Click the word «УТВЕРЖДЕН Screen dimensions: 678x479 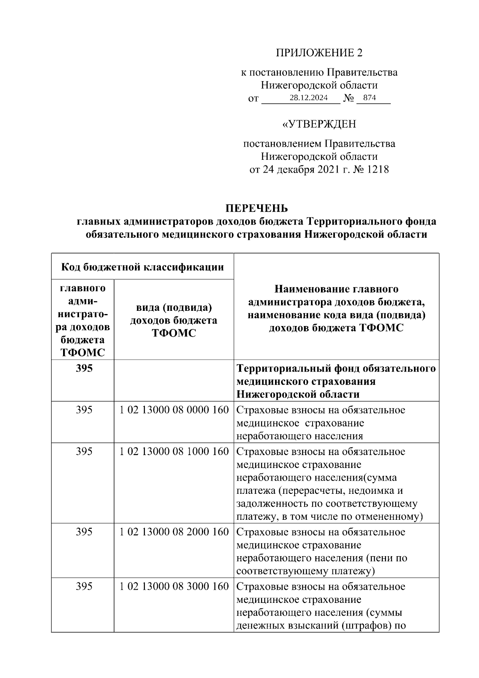[319, 124]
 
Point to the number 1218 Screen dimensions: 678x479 [377, 169]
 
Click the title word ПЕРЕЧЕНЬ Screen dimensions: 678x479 [257, 209]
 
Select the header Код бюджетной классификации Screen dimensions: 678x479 [143, 266]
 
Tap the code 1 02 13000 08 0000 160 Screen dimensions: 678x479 [174, 410]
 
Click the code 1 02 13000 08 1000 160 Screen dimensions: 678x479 [174, 451]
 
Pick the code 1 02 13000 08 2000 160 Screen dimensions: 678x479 [174, 532]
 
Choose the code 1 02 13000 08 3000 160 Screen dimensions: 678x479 [174, 586]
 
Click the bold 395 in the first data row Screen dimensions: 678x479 [84, 368]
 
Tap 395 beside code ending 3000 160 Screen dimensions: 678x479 [84, 586]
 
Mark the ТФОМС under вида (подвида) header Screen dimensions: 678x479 [174, 333]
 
